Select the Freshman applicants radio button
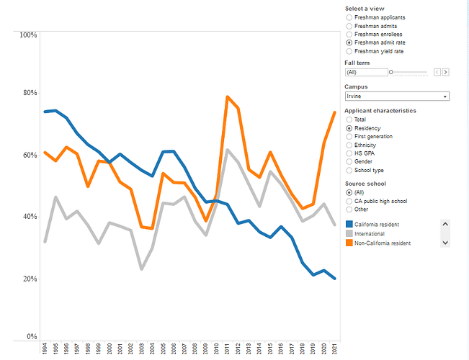coord(349,17)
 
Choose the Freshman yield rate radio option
coord(349,51)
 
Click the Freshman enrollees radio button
coord(349,34)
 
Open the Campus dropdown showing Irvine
coord(397,96)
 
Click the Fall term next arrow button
coord(446,72)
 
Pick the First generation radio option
coord(349,136)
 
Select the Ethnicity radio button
coord(349,145)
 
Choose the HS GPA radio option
coord(349,153)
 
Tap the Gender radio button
coord(349,162)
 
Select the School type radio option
coord(349,171)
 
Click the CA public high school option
coord(349,201)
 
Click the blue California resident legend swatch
coord(349,225)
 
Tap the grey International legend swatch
coord(349,234)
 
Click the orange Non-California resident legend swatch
coord(349,243)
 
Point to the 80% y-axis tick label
coord(28,93)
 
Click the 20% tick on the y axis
coord(28,279)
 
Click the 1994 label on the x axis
coord(45,348)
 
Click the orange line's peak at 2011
coord(227,96)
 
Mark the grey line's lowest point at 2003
coord(142,269)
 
